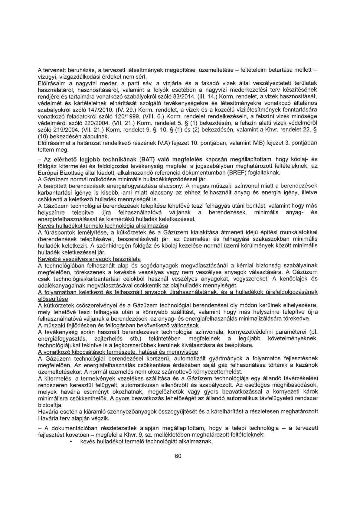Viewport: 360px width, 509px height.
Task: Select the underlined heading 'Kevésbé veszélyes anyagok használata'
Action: tap(89, 259)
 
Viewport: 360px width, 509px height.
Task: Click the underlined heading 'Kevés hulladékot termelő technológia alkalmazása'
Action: tap(103, 226)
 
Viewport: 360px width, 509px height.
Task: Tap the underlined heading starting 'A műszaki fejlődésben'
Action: tap(118, 325)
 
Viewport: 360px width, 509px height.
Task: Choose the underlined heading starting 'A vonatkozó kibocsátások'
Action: tap(118, 352)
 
